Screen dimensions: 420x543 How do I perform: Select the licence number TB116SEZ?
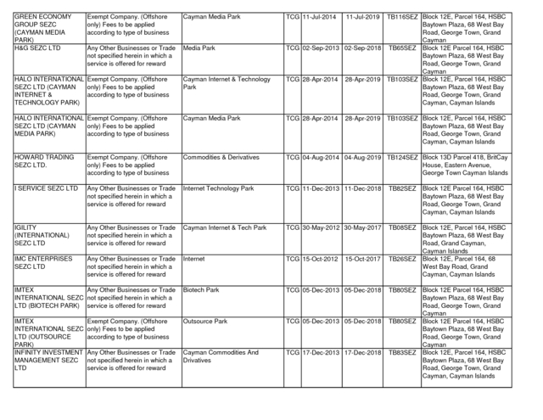pyautogui.click(x=401, y=17)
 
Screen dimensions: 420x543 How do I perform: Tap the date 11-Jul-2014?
pyautogui.click(x=320, y=17)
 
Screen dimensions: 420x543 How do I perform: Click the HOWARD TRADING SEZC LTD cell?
pyautogui.click(x=41, y=161)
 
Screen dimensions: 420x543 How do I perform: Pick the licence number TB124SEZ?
pyautogui.click(x=401, y=157)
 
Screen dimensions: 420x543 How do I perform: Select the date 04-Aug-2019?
pyautogui.click(x=361, y=157)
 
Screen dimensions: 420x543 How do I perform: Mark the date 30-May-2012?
pyautogui.click(x=320, y=227)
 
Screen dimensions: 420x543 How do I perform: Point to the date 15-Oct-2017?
pyautogui.click(x=361, y=258)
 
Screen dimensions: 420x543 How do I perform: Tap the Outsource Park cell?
pyautogui.click(x=205, y=322)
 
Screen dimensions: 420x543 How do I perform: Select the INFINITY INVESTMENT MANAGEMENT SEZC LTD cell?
pyautogui.click(x=48, y=360)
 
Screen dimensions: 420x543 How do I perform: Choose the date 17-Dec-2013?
pyautogui.click(x=320, y=351)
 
